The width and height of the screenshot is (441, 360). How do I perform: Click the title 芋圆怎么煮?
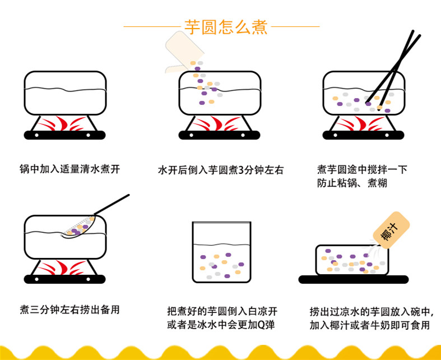coord(220,26)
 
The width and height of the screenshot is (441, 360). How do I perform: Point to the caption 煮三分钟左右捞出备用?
coord(69,309)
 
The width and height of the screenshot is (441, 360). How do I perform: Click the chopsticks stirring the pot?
coord(395,67)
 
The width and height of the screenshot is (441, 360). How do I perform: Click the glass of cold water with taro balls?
coord(220,252)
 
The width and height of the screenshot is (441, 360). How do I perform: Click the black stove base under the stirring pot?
coord(363,135)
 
